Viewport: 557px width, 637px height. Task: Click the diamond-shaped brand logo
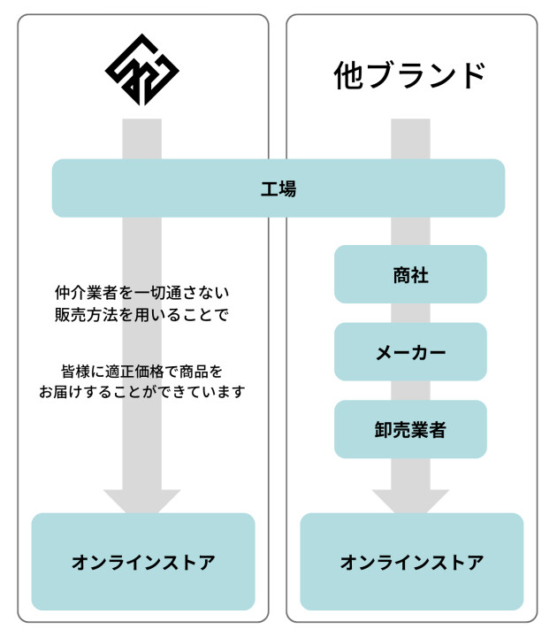tap(142, 70)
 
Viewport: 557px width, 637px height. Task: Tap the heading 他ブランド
tap(410, 75)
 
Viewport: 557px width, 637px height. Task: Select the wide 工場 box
tap(278, 188)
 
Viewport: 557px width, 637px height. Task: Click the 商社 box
tap(410, 274)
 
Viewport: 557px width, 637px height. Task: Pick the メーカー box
tap(410, 352)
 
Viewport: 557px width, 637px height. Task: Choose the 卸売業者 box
tap(410, 429)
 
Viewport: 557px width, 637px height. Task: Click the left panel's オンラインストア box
tap(143, 562)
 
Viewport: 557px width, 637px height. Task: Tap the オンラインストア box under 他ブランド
tap(412, 562)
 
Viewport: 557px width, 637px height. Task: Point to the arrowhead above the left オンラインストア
tap(142, 502)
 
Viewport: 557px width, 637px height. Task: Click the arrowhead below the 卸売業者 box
tap(410, 502)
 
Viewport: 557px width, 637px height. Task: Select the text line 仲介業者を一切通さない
tap(142, 293)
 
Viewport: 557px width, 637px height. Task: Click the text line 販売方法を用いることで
tap(142, 315)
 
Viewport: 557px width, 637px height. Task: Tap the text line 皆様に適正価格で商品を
tap(142, 372)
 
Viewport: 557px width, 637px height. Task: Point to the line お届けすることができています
tap(142, 392)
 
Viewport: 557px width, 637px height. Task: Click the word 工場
tap(278, 189)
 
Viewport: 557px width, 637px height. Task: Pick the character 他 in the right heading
tap(348, 75)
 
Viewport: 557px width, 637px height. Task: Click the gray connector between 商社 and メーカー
tap(410, 313)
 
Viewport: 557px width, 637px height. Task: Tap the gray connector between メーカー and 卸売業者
tap(410, 390)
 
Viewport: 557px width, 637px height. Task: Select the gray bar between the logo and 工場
tap(142, 139)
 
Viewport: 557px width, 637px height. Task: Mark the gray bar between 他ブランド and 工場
tap(410, 139)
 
